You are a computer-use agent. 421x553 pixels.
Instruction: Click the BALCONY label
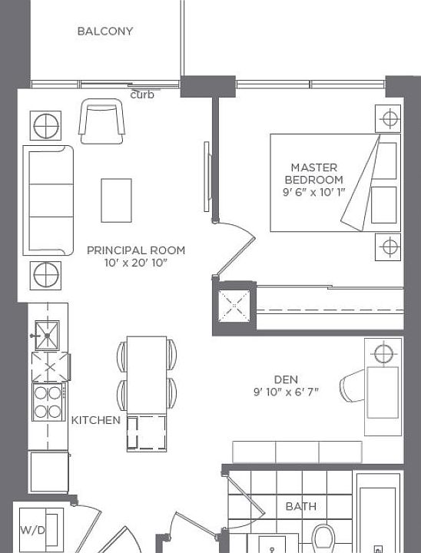point(105,31)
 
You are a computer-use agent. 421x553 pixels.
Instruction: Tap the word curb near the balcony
point(142,95)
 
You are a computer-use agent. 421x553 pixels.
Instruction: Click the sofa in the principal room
point(48,200)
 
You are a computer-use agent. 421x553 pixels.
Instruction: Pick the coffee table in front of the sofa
point(116,200)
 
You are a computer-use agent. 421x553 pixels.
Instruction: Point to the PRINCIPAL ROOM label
point(135,250)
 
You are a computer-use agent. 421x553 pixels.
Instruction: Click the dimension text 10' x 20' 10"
point(135,263)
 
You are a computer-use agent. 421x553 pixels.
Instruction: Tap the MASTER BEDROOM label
point(313,174)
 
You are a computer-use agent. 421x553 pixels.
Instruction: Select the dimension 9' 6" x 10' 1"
point(313,193)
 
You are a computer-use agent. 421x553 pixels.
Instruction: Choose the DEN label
point(286,379)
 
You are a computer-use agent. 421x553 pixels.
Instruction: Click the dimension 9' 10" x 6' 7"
point(286,392)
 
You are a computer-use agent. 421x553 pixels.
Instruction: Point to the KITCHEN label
point(96,420)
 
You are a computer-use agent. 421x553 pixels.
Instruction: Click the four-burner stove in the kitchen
point(47,402)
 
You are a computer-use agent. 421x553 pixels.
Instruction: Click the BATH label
point(300,507)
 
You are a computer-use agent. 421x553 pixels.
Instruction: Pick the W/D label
point(31,530)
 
